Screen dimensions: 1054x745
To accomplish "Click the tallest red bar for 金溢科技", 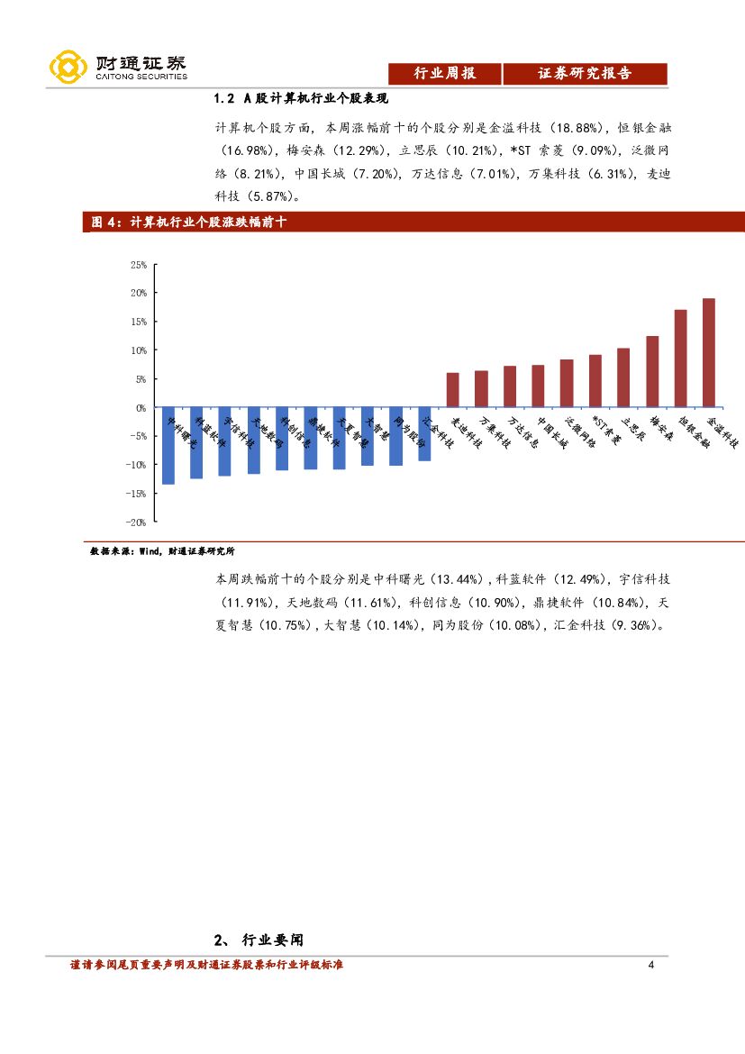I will [709, 352].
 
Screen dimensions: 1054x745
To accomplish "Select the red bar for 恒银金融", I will [680, 359].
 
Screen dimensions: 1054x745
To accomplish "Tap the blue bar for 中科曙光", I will [168, 446].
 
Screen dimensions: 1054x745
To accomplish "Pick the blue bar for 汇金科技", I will [424, 434].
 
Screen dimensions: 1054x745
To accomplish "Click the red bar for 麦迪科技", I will [452, 390].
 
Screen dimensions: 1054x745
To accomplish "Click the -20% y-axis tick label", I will [136, 522].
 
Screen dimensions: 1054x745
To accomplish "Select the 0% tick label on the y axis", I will [140, 407].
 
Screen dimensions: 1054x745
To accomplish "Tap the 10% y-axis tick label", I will [138, 350].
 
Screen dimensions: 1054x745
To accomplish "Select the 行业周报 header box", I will [443, 74].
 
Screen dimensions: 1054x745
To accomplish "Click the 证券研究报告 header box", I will [585, 74].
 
